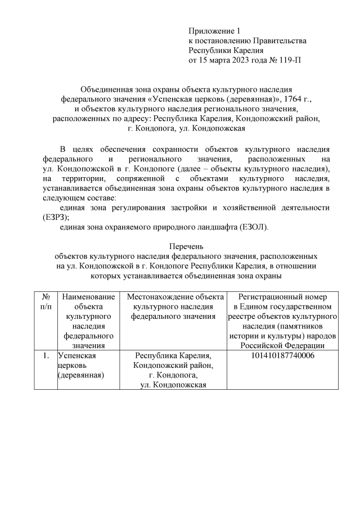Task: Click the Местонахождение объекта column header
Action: [175, 307]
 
